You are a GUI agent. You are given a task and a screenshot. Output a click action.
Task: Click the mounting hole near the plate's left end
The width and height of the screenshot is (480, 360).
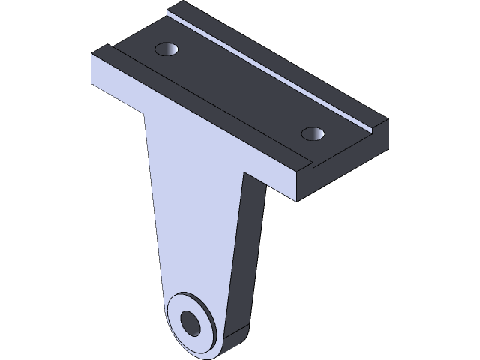(x=166, y=50)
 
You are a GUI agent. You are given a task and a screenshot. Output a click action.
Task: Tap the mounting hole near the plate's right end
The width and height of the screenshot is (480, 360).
(x=313, y=134)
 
